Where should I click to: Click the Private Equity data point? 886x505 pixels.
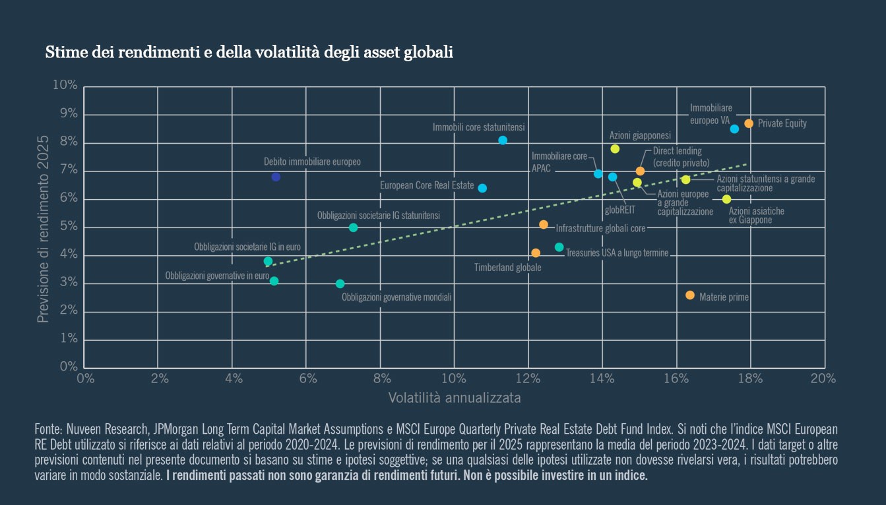[x=749, y=123]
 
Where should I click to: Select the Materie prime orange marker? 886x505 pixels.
[x=690, y=295]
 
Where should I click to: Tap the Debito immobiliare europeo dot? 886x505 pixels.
[x=276, y=177]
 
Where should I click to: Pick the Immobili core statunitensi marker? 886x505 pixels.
[x=503, y=140]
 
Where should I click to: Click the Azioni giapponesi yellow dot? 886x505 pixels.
[x=615, y=149]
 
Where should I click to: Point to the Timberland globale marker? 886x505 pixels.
[x=536, y=253]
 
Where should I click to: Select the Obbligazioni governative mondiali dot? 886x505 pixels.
[x=340, y=284]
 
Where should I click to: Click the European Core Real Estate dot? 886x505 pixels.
[x=482, y=188]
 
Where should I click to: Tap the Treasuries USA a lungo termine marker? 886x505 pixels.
[x=559, y=247]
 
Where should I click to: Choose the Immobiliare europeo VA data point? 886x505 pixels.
[x=734, y=129]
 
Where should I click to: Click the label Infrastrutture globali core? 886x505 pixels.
[x=600, y=229]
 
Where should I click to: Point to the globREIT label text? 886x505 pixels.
[x=619, y=211]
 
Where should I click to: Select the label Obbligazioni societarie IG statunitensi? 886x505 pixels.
[x=378, y=216]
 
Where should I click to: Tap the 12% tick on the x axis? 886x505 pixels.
[x=528, y=378]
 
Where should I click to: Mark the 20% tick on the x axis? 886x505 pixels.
[x=823, y=378]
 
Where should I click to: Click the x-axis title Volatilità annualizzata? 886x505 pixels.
[x=455, y=398]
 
